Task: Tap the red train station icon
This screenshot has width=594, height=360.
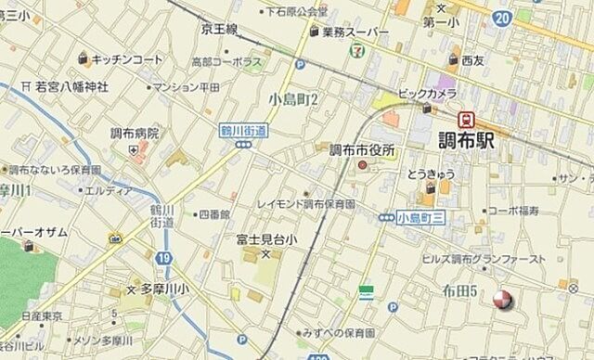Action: [x=465, y=119]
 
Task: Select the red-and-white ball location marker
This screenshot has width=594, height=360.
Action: [x=502, y=299]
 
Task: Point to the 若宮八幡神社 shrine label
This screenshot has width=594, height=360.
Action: [x=72, y=86]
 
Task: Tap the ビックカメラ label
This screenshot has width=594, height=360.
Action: [x=426, y=94]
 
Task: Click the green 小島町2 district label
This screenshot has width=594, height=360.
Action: [x=294, y=99]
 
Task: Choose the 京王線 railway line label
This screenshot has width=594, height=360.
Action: [x=219, y=29]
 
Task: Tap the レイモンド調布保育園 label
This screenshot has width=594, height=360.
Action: [x=307, y=202]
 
